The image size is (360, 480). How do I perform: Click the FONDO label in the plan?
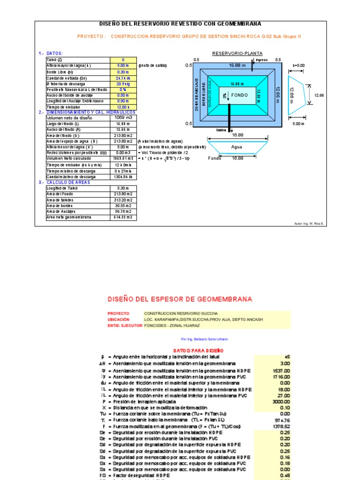[239, 95]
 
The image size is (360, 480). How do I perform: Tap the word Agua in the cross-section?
[237, 147]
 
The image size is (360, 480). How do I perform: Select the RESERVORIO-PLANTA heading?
[237, 53]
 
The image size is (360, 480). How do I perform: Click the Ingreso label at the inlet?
[261, 60]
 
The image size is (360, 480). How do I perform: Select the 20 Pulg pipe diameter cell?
[124, 84]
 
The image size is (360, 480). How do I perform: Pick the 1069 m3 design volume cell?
[124, 118]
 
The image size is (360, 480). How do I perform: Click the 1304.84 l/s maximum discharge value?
[124, 177]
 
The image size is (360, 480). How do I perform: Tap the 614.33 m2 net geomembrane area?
[124, 217]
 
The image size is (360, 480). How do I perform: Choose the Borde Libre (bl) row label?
[60, 72]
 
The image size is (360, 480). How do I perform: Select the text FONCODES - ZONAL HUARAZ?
[172, 325]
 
